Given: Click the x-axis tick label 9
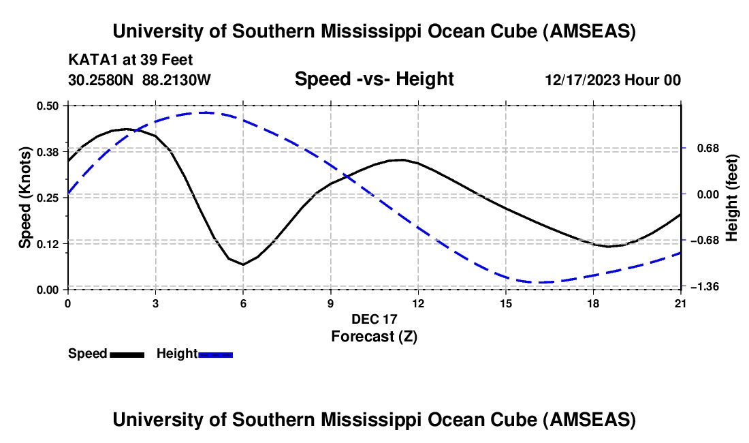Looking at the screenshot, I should coord(330,303).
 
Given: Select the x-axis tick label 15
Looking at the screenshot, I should coord(505,303).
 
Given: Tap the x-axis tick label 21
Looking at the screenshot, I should coord(681,303).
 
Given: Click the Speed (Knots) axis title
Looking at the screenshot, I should coord(25,198).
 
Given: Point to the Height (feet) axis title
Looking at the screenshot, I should coord(733,198).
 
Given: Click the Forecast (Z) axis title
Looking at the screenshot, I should coord(374,336).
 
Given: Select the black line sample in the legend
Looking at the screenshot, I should coord(127,354).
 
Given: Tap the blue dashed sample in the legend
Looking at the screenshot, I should coord(216,354).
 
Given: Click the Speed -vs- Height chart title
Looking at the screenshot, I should coord(374,79).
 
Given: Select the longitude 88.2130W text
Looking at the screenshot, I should coord(177,80).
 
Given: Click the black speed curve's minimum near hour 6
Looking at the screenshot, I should coord(242,264).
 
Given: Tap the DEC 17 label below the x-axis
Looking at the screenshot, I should coord(374,319).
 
